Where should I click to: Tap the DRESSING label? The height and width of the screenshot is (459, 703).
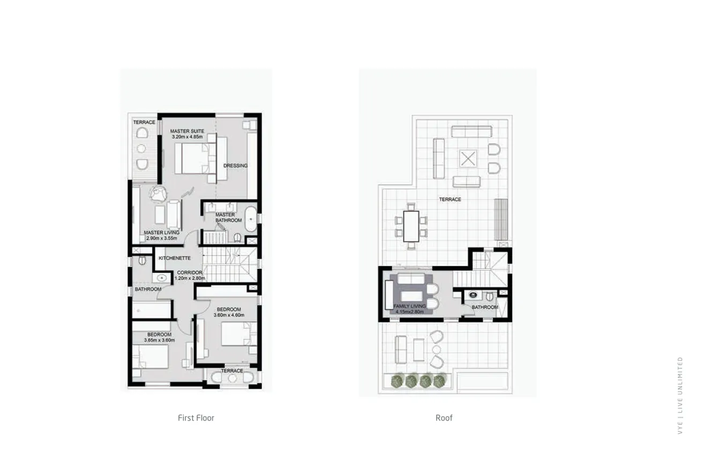click(235, 166)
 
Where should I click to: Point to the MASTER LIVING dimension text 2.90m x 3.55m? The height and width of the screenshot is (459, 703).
click(162, 238)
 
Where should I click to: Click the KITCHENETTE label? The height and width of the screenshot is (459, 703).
click(175, 258)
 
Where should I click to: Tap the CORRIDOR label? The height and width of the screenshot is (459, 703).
click(190, 272)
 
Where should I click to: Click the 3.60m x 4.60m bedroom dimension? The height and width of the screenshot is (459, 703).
click(229, 315)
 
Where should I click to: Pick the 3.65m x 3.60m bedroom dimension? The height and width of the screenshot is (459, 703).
click(159, 340)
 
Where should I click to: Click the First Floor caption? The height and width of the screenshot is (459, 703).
click(196, 418)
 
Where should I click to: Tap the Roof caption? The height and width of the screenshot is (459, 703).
click(444, 418)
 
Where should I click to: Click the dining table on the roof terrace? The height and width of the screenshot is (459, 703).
click(411, 226)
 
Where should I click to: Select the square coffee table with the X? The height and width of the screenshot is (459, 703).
click(468, 159)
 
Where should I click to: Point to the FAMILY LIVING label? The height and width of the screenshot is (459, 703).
click(409, 306)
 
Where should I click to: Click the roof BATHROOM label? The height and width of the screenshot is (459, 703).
click(484, 307)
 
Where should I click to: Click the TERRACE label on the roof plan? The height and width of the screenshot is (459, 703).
click(450, 199)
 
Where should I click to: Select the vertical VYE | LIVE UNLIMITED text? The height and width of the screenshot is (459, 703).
click(680, 395)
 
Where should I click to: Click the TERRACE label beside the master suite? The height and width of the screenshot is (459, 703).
click(144, 122)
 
